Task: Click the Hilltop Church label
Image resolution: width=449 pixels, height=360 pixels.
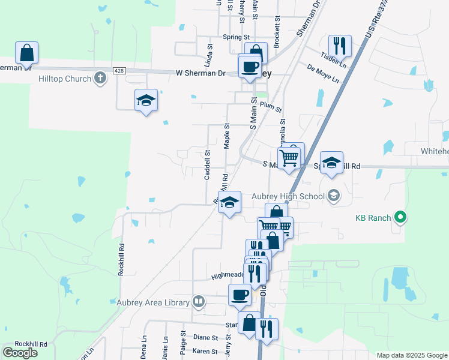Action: (x=65, y=79)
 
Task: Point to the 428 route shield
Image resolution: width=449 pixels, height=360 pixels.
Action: (x=119, y=71)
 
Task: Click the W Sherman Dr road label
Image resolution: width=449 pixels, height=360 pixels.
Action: (x=200, y=73)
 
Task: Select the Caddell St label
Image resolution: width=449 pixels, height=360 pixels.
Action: (x=207, y=164)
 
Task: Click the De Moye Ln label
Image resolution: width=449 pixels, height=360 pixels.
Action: (x=322, y=74)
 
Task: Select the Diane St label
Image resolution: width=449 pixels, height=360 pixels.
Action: (x=206, y=338)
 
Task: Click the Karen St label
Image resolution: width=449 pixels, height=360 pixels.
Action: (x=205, y=350)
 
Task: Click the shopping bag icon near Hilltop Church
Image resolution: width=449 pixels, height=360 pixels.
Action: (x=26, y=53)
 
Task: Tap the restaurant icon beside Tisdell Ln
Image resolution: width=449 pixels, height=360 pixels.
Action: (x=340, y=46)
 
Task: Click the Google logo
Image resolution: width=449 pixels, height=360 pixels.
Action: (x=20, y=353)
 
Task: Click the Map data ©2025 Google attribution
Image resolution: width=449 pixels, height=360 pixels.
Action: (x=412, y=355)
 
